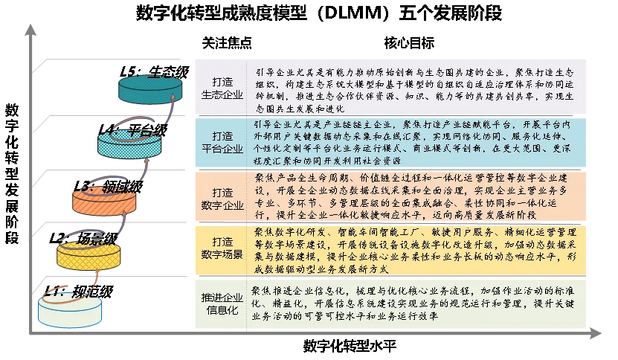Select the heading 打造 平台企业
click(x=222, y=142)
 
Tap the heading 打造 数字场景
click(x=222, y=248)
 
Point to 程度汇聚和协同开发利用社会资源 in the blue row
click(x=328, y=160)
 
